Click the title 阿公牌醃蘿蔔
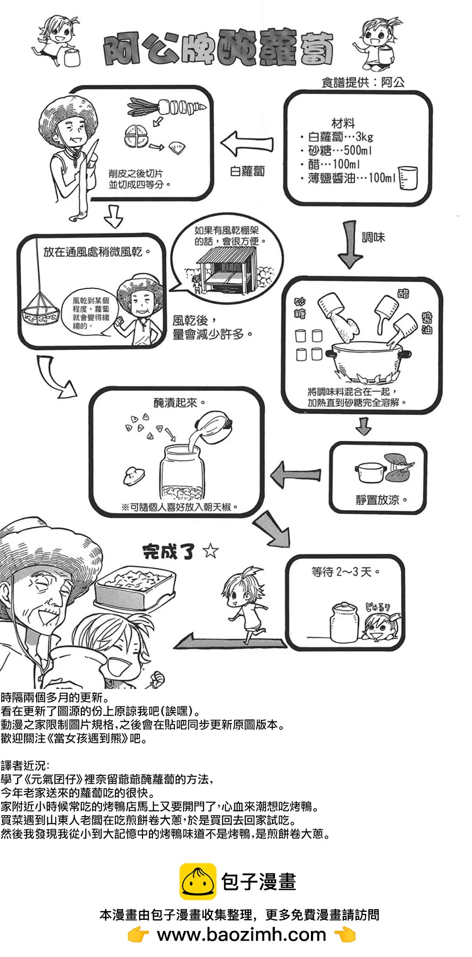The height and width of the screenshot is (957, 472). pyautogui.click(x=218, y=51)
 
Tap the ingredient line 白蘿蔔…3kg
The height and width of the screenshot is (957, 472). pyautogui.click(x=340, y=137)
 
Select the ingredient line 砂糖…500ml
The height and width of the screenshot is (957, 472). pyautogui.click(x=340, y=150)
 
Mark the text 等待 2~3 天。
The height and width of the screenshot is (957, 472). pyautogui.click(x=345, y=572)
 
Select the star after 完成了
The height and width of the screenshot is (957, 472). pyautogui.click(x=210, y=551)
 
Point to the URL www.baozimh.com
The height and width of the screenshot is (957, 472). pyautogui.click(x=241, y=934)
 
